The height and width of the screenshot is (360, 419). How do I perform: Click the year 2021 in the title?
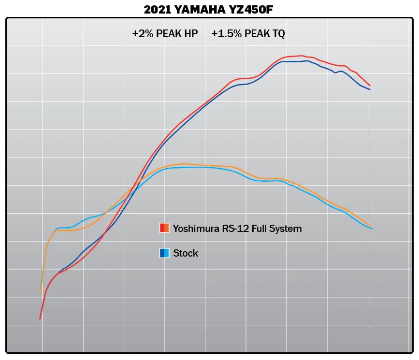[157, 9]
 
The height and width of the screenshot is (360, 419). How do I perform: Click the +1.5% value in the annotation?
[222, 34]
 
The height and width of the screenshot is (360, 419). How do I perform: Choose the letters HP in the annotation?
[190, 34]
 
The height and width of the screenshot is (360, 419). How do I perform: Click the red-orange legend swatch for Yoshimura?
[164, 228]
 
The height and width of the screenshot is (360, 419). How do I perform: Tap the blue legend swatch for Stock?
[164, 253]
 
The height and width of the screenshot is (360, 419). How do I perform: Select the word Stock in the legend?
[186, 253]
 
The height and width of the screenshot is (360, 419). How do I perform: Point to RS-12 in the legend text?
[231, 229]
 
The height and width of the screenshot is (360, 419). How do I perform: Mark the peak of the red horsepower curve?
[301, 56]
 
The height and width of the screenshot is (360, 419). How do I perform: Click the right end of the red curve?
[370, 86]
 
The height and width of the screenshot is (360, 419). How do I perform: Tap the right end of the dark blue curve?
[370, 89]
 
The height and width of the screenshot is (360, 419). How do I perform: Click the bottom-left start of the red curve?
[40, 318]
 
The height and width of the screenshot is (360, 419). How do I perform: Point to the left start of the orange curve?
[40, 292]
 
